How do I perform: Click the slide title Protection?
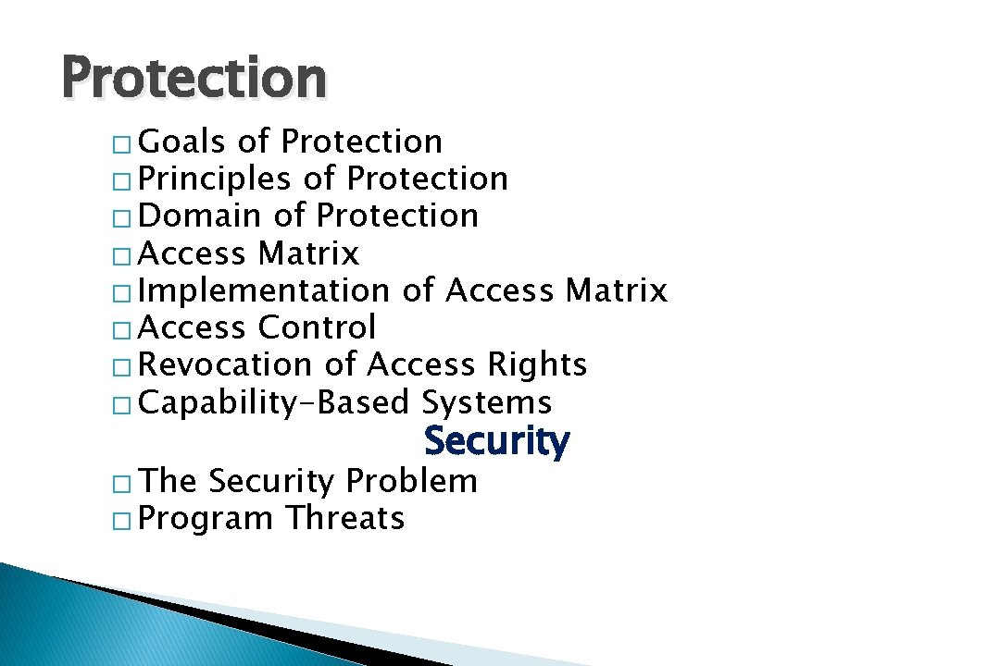point(194,79)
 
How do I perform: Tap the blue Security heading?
point(496,441)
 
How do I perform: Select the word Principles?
point(214,179)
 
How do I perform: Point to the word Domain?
point(199,216)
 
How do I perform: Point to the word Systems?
point(487,402)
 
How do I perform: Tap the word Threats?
point(344,518)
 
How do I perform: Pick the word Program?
point(206,519)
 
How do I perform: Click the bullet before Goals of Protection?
point(125,144)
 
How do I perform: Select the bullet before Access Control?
point(125,330)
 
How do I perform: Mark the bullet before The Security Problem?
point(125,484)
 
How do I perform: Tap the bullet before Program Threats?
point(125,521)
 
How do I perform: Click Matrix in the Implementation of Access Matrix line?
point(616,290)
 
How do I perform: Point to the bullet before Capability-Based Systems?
point(125,405)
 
